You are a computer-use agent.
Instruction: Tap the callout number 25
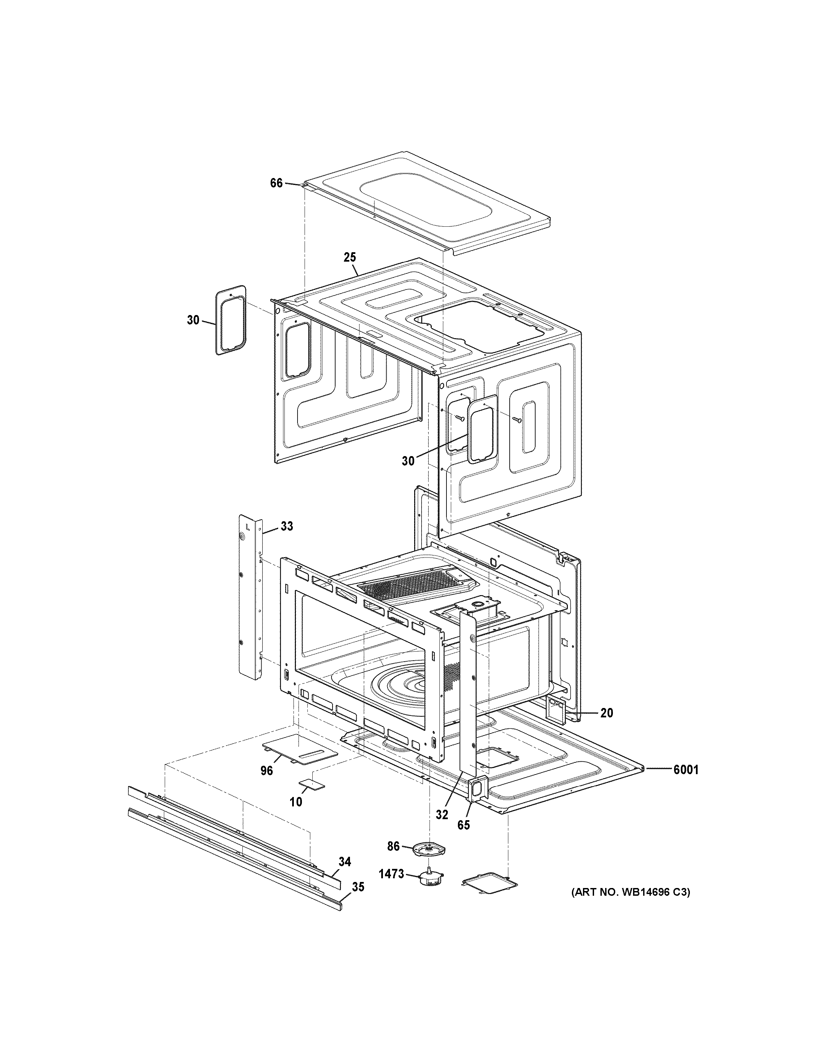pyautogui.click(x=350, y=257)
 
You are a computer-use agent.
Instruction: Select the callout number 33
pyautogui.click(x=287, y=526)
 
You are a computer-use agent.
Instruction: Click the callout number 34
pyautogui.click(x=345, y=862)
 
